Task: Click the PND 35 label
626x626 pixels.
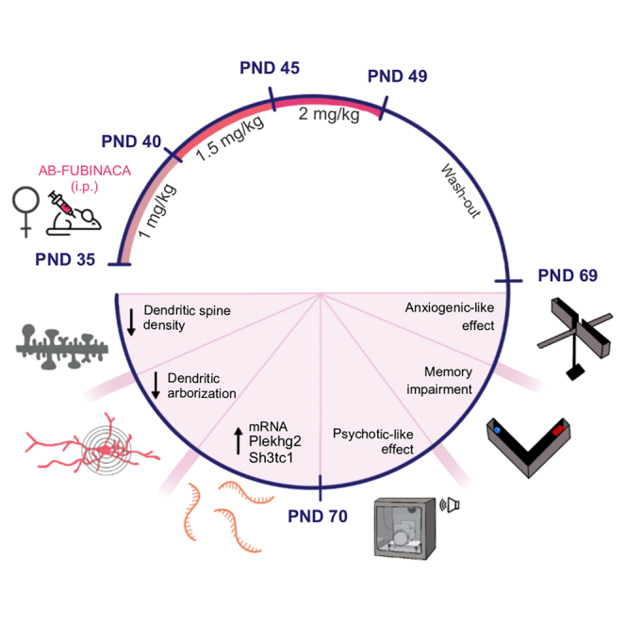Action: click(x=64, y=259)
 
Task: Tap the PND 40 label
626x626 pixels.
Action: click(x=131, y=141)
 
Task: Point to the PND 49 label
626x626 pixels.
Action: click(x=397, y=76)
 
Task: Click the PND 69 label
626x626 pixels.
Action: click(x=568, y=275)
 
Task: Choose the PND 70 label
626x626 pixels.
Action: click(x=318, y=516)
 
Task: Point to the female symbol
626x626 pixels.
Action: click(x=25, y=209)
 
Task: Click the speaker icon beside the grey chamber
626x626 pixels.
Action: click(x=453, y=506)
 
